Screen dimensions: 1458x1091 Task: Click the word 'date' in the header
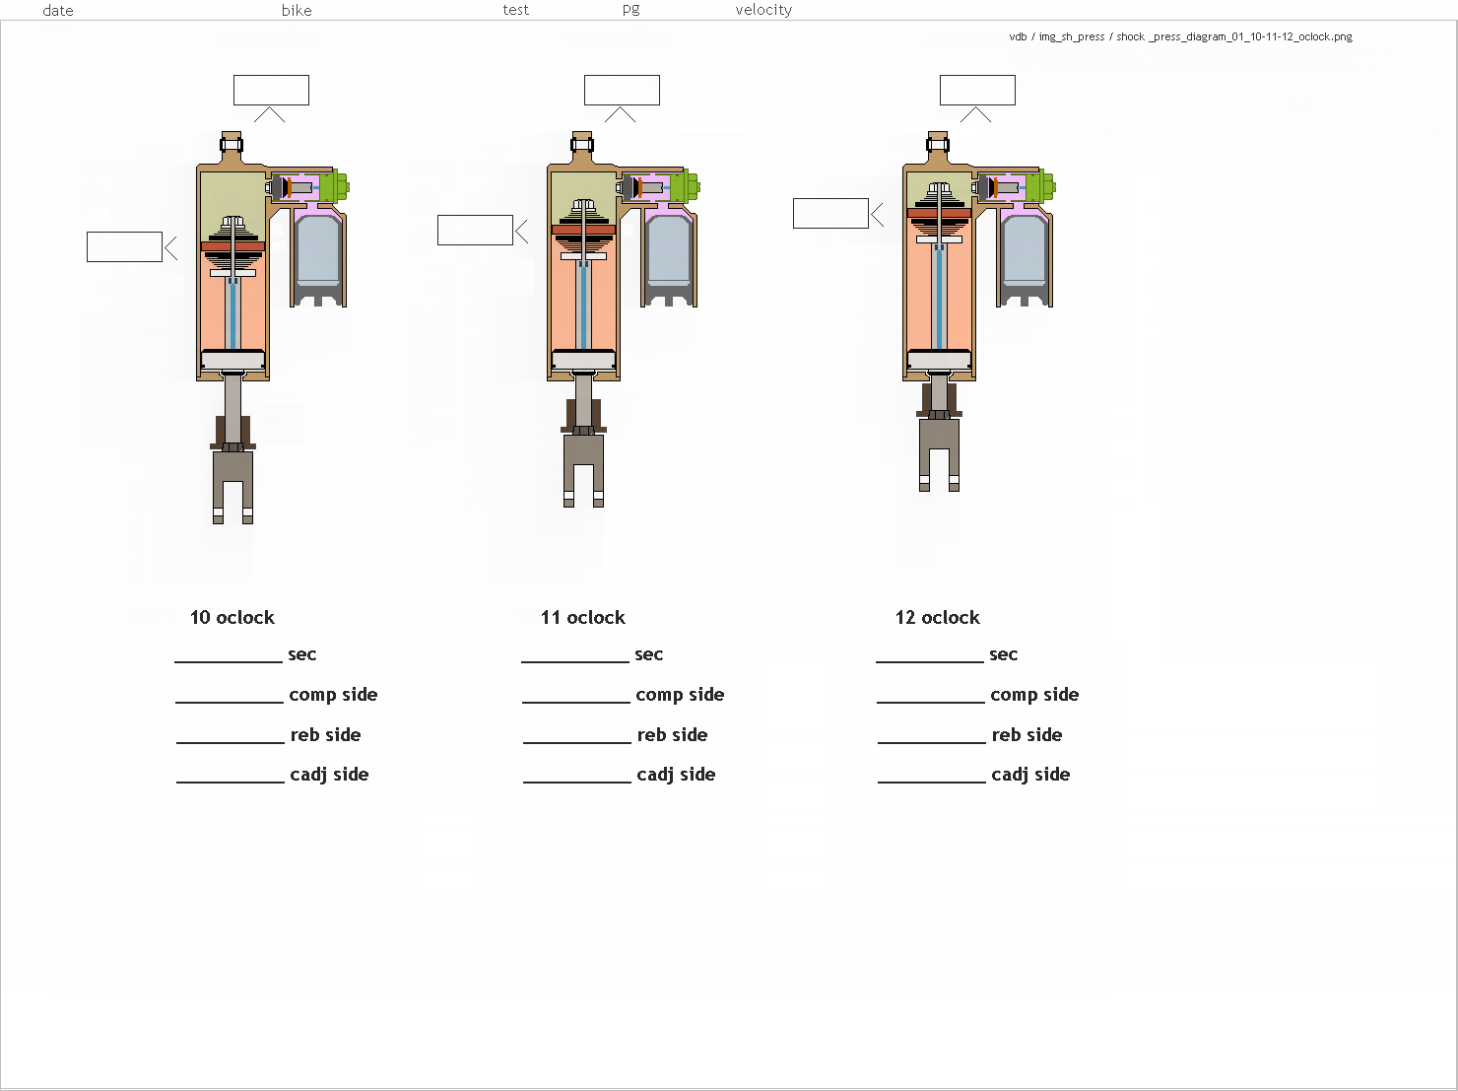[58, 10]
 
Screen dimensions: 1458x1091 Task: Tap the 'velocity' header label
[763, 10]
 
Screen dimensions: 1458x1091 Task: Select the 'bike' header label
[297, 10]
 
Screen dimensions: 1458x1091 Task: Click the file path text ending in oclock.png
[1180, 36]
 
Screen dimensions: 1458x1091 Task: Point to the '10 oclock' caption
[232, 617]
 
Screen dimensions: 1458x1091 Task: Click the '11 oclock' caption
[582, 617]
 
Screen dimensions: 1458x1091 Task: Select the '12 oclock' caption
[937, 617]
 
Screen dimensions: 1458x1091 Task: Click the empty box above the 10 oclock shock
[271, 90]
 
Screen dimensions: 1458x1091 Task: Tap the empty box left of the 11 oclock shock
[475, 230]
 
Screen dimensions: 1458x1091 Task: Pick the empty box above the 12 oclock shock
[977, 90]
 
